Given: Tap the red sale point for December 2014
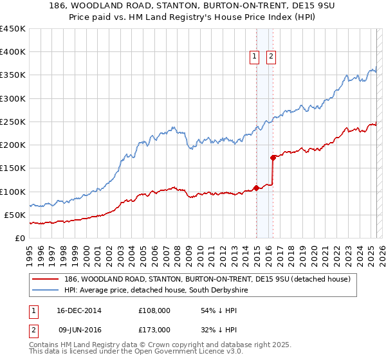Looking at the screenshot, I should point(256,188).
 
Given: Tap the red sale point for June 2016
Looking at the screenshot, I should point(273,157).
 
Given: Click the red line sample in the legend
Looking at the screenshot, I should point(46,279).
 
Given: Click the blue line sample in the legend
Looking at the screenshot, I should point(46,291).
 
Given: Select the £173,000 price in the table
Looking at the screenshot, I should point(154,330).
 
